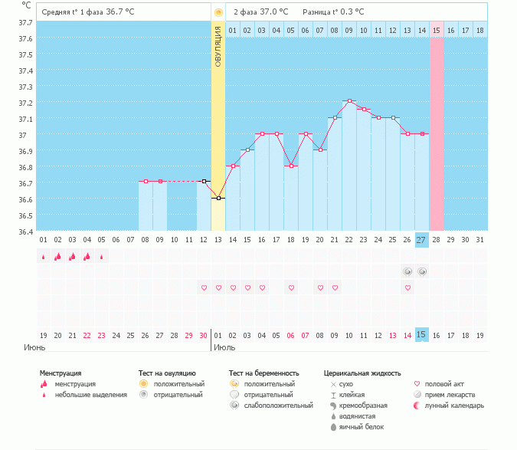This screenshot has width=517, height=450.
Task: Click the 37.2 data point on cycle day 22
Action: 349,101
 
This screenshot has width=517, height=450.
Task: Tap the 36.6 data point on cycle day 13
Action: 218,198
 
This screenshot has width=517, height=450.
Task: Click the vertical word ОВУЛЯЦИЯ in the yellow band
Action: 218,46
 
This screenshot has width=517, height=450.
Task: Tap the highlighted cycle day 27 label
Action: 421,240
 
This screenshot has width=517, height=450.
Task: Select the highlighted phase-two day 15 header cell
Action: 436,30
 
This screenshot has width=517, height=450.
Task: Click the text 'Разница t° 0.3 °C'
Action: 333,12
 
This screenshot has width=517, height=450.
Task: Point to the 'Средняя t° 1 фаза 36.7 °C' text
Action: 93,12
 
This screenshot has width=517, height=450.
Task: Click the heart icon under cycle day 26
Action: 407,288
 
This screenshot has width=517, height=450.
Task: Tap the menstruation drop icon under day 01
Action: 44,257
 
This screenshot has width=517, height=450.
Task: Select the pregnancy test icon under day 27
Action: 422,272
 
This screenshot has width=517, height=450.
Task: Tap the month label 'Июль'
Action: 224,347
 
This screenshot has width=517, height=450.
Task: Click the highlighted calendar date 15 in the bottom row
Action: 421,335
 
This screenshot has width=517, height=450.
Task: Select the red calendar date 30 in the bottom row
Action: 203,335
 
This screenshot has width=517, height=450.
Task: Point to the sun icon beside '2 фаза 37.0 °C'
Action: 219,12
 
